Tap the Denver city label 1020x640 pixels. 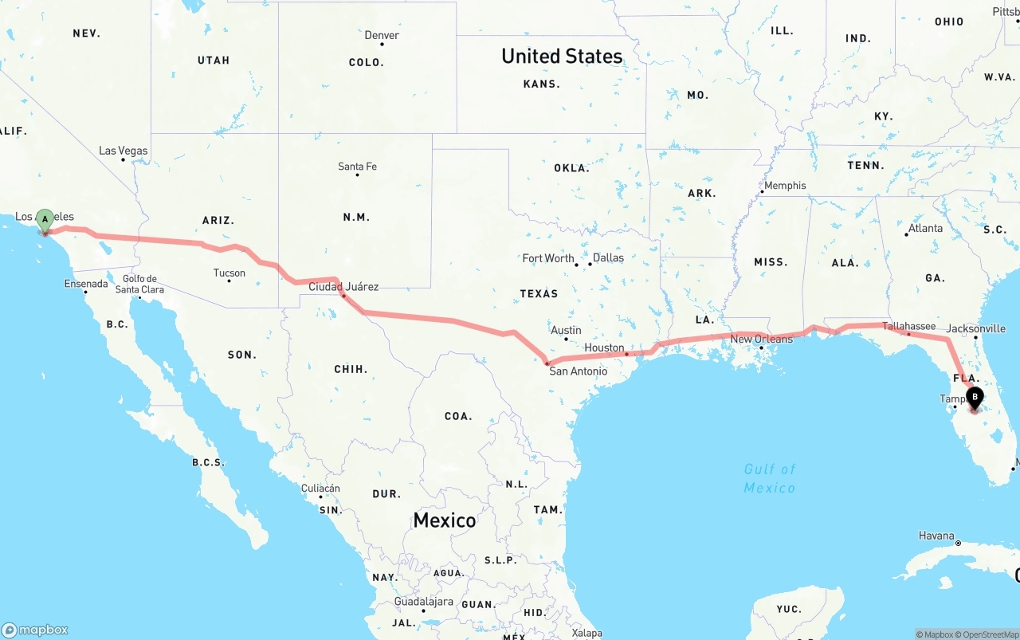click(x=382, y=35)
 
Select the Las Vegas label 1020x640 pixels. click(x=123, y=151)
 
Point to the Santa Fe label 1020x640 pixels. click(x=357, y=167)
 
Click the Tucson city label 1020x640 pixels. click(x=229, y=273)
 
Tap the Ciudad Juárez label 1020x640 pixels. click(x=343, y=287)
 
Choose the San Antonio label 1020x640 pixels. click(x=578, y=371)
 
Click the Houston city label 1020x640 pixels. click(x=604, y=347)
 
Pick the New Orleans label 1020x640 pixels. click(x=761, y=339)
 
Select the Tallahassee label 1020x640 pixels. click(x=908, y=326)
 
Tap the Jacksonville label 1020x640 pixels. click(x=975, y=328)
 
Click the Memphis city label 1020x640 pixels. click(x=785, y=186)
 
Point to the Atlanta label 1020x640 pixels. click(x=925, y=228)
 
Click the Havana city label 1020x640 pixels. click(x=936, y=536)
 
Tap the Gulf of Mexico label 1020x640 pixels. click(x=770, y=478)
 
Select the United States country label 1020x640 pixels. click(x=562, y=56)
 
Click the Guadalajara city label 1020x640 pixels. click(x=423, y=602)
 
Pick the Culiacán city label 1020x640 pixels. click(x=320, y=489)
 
